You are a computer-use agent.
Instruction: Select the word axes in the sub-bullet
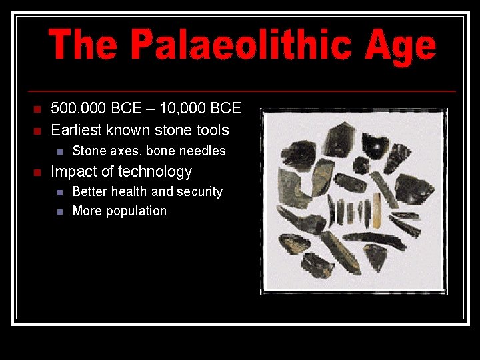point(125,151)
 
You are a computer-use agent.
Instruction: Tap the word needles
point(201,151)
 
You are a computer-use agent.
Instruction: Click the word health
point(129,192)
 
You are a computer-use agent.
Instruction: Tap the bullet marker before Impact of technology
point(37,173)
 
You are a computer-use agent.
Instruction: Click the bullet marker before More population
point(60,212)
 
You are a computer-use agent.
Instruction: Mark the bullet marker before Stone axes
point(60,151)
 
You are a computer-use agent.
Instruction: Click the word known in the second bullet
point(127,130)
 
